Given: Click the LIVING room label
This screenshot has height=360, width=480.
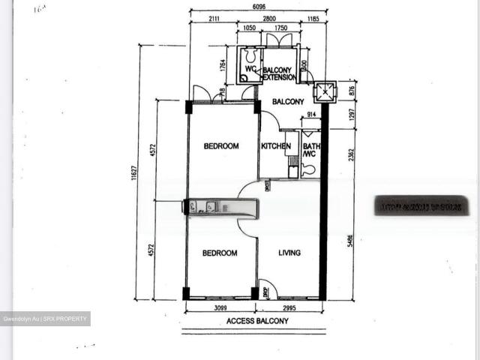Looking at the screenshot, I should click(x=289, y=253).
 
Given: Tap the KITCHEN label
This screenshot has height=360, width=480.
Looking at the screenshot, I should click(x=275, y=146).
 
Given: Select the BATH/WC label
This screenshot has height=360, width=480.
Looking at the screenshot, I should click(x=310, y=150).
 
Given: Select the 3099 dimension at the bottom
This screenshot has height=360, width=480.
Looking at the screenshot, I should click(x=219, y=308).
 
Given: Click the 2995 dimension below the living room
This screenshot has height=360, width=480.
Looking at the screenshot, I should click(x=290, y=308).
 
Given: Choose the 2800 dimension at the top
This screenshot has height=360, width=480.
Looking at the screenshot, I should click(x=270, y=18).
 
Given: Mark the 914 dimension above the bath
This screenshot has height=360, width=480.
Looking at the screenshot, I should click(x=311, y=115).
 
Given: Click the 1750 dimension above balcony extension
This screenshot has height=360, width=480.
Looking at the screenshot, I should click(x=281, y=28).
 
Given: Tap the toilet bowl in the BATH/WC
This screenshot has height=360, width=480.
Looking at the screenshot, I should click(x=308, y=169).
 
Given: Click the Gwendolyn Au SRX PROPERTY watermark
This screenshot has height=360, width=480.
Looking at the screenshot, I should click(x=45, y=319).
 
